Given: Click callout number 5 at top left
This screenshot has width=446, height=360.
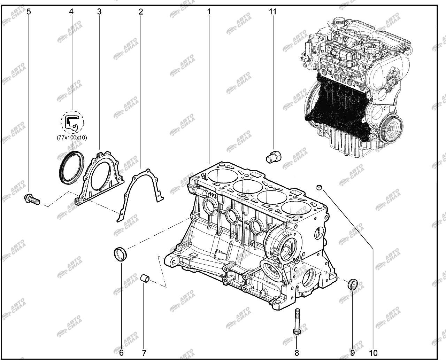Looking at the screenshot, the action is point(29,12).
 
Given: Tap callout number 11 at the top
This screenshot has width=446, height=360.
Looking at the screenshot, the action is point(272,12).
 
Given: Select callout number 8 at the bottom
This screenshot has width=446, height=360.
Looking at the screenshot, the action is point(297,353).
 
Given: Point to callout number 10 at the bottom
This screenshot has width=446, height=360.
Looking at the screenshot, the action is point(373,353).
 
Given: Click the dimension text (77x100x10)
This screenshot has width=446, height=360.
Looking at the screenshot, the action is point(72,138).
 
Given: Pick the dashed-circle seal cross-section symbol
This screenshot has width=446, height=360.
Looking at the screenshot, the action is point(72,122).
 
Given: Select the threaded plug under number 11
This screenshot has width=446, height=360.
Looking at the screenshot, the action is point(274,156).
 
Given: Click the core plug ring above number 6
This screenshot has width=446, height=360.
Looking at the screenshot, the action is point(120,254).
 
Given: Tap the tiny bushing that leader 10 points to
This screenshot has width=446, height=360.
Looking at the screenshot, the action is point(319,187).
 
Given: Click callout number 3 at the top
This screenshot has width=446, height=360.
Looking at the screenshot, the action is point(99,12).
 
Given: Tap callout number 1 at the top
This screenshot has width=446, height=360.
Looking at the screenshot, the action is point(209,12).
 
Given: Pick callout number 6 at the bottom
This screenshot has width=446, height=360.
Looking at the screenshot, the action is point(122,353).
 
